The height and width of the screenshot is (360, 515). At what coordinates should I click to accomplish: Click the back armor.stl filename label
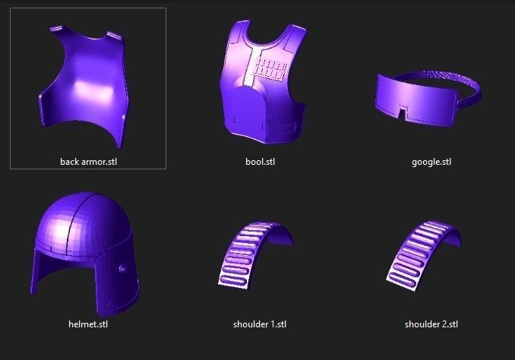tap(88, 162)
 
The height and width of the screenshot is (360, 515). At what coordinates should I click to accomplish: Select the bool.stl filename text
tap(259, 162)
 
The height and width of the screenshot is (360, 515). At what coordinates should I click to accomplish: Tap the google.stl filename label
tap(431, 162)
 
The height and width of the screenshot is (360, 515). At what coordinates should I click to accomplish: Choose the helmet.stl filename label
tap(88, 324)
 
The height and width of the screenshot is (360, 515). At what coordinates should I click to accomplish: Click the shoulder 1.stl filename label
tap(259, 324)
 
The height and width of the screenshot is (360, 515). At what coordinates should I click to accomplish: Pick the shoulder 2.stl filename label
tap(431, 324)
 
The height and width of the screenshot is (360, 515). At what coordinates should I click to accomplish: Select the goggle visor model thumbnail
tap(425, 99)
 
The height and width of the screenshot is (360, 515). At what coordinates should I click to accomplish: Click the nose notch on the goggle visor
tap(402, 115)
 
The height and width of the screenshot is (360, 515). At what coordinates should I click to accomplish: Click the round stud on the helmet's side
tap(122, 268)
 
